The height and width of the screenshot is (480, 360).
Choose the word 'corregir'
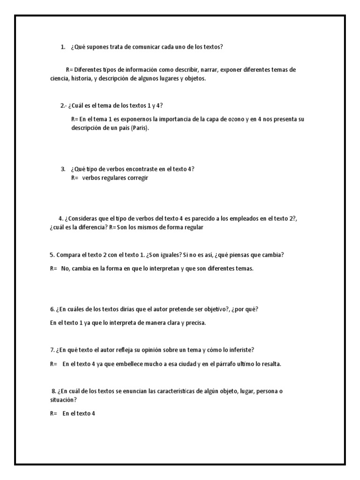137,178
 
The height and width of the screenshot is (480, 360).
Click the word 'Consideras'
83,218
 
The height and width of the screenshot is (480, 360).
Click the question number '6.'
52,309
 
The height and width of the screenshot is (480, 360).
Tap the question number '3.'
63,169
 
